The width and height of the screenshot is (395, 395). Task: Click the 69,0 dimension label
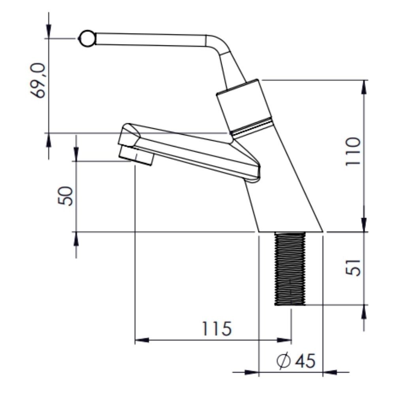click(38, 81)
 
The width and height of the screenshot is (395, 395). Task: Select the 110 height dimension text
click(353, 151)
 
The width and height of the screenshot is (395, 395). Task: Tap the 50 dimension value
click(66, 196)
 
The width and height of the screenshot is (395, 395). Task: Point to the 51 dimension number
click(353, 268)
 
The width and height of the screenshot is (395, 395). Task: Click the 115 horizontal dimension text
click(217, 329)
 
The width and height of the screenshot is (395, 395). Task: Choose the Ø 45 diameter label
click(296, 361)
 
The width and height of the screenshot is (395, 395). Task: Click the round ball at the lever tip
click(87, 39)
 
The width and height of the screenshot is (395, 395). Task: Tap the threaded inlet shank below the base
click(290, 269)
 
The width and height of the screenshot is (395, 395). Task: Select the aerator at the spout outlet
click(136, 156)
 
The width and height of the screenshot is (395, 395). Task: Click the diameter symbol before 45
click(283, 361)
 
